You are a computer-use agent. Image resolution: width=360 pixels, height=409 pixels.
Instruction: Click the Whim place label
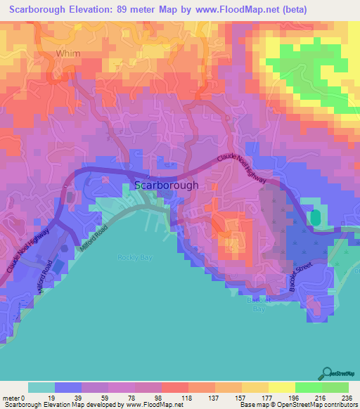tap(68, 53)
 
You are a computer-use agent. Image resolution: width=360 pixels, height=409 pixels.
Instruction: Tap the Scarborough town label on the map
tap(166, 186)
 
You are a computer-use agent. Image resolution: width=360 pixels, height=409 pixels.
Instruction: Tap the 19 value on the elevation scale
tap(54, 397)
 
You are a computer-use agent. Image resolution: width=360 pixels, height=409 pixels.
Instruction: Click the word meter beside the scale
tap(11, 397)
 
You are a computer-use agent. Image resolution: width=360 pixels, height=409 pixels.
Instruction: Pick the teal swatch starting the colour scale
tap(41, 387)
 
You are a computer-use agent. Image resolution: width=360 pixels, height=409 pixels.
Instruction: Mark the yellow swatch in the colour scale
tap(281, 387)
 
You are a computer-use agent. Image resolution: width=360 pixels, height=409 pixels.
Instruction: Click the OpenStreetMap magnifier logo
tap(326, 373)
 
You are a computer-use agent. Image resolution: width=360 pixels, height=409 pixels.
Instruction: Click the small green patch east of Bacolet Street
tap(315, 218)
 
